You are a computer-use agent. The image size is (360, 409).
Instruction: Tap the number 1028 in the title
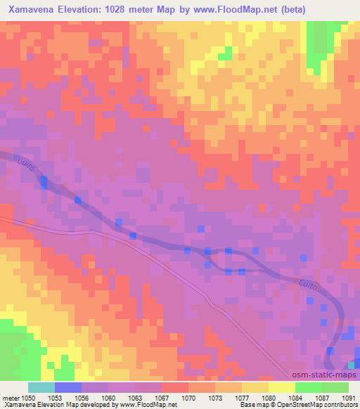[x=137, y=11]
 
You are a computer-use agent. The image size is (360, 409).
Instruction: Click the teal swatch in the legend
[x=41, y=387]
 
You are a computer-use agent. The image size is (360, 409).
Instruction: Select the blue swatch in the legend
[x=67, y=387]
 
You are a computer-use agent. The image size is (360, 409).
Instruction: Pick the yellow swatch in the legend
[x=281, y=387]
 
